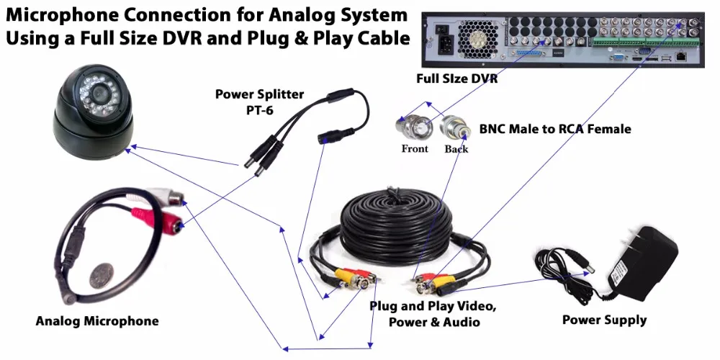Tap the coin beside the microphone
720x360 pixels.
(101, 276)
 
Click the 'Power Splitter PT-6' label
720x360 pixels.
(260, 102)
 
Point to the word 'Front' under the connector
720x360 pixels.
(415, 149)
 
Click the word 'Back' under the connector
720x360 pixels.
(456, 149)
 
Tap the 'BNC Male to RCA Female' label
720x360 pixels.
(555, 129)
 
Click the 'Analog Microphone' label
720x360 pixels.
(97, 321)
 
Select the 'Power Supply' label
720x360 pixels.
(604, 320)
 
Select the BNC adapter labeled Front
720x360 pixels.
(413, 127)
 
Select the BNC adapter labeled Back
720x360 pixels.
(454, 127)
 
